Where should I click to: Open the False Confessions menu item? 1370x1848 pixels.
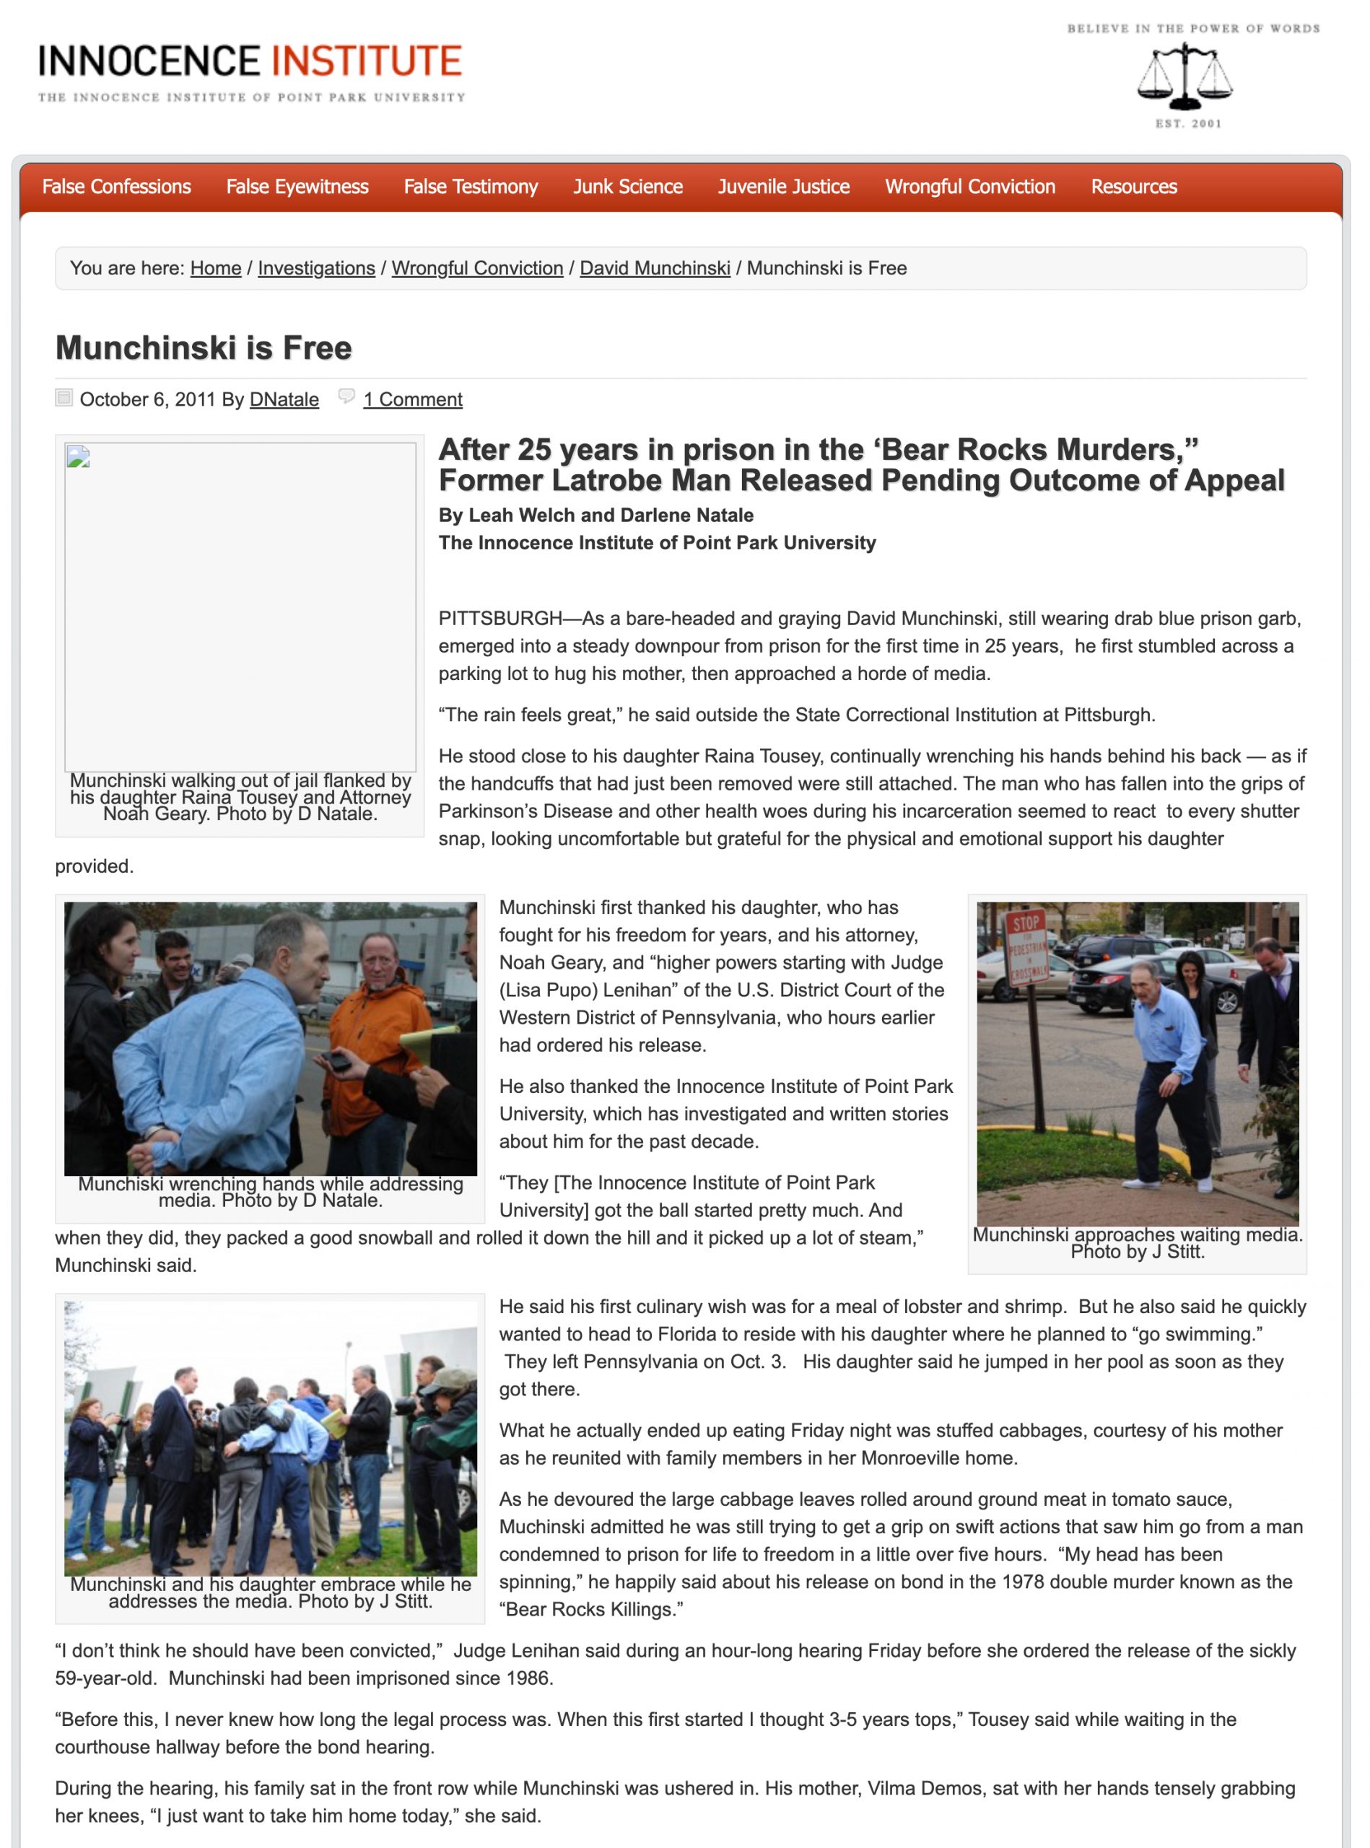point(116,187)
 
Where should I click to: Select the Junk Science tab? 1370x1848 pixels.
point(628,187)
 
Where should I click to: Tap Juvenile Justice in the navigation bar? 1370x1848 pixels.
point(784,187)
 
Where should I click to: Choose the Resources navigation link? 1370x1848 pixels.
point(1134,187)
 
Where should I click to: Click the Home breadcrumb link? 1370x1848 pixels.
point(216,268)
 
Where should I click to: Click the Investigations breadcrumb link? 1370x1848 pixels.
point(316,268)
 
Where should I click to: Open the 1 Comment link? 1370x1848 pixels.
point(412,399)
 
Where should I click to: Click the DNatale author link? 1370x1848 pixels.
point(284,399)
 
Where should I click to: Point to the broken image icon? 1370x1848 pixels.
point(78,457)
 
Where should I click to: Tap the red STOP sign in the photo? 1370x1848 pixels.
point(1026,923)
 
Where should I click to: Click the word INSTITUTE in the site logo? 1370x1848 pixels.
point(366,62)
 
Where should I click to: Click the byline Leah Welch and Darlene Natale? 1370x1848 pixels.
point(595,515)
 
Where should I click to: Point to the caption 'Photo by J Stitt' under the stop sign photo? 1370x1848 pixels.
point(1137,1252)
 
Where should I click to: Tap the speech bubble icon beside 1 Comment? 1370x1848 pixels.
point(346,396)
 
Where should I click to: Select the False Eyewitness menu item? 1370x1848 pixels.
point(297,187)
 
